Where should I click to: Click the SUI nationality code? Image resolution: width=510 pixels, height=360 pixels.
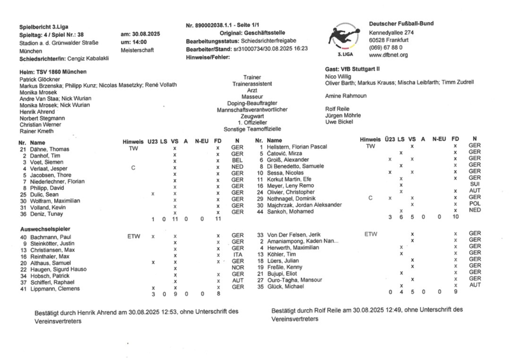(x=474, y=184)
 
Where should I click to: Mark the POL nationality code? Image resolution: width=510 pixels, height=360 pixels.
(x=474, y=203)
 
